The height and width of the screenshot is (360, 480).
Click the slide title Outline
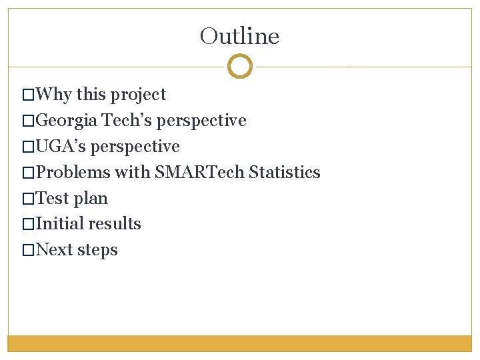pyautogui.click(x=239, y=36)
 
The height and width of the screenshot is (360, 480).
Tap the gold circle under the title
pyautogui.click(x=240, y=66)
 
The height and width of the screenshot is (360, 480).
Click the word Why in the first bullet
pyautogui.click(x=54, y=95)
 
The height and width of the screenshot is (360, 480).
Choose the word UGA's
pyautogui.click(x=61, y=147)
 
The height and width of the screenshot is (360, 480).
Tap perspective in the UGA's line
pyautogui.click(x=135, y=147)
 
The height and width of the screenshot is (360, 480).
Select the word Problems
pyautogui.click(x=73, y=173)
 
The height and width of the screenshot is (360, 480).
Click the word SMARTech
pyautogui.click(x=199, y=173)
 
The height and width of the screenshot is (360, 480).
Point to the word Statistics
pyautogui.click(x=285, y=173)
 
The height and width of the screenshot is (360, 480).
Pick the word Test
pyautogui.click(x=52, y=199)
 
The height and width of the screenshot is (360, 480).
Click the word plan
pyautogui.click(x=91, y=199)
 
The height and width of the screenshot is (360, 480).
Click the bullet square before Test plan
pyautogui.click(x=27, y=199)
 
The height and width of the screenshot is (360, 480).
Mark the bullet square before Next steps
pyautogui.click(x=27, y=251)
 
